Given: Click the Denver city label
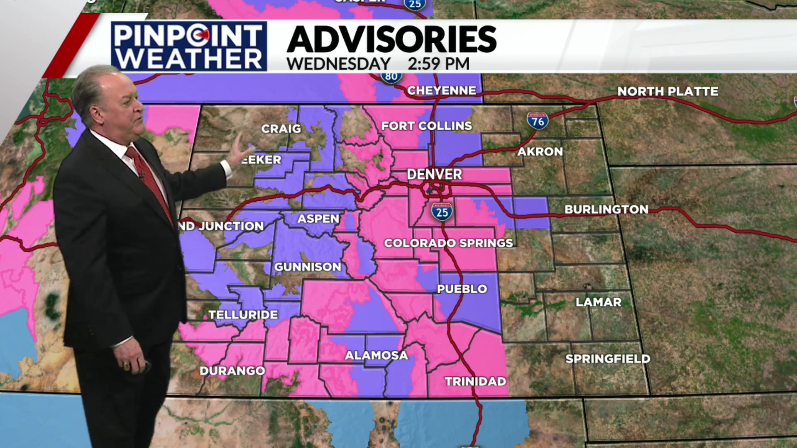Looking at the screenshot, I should click(x=434, y=174).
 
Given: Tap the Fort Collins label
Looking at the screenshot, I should click(x=426, y=126).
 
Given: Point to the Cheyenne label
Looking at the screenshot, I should click(x=441, y=90).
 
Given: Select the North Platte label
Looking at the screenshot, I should click(x=667, y=91).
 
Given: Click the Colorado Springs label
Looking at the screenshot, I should click(x=448, y=243).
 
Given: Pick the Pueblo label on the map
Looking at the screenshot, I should click(x=462, y=289).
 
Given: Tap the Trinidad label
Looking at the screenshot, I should click(x=475, y=381).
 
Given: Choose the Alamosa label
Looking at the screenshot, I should click(x=376, y=355).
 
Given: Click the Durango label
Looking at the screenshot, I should click(x=232, y=371).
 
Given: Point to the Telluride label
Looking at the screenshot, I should click(x=243, y=315).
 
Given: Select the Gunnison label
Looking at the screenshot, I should click(x=308, y=267).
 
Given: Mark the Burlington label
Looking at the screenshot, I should click(x=606, y=209).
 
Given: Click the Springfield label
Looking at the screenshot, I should click(x=608, y=359).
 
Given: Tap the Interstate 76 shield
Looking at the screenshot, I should click(x=538, y=121).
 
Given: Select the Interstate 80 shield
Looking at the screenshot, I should click(x=391, y=77).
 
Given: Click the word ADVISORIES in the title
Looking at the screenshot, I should click(x=391, y=39).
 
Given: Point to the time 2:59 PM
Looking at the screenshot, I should click(x=438, y=64).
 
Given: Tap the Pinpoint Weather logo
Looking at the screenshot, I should click(x=189, y=46).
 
